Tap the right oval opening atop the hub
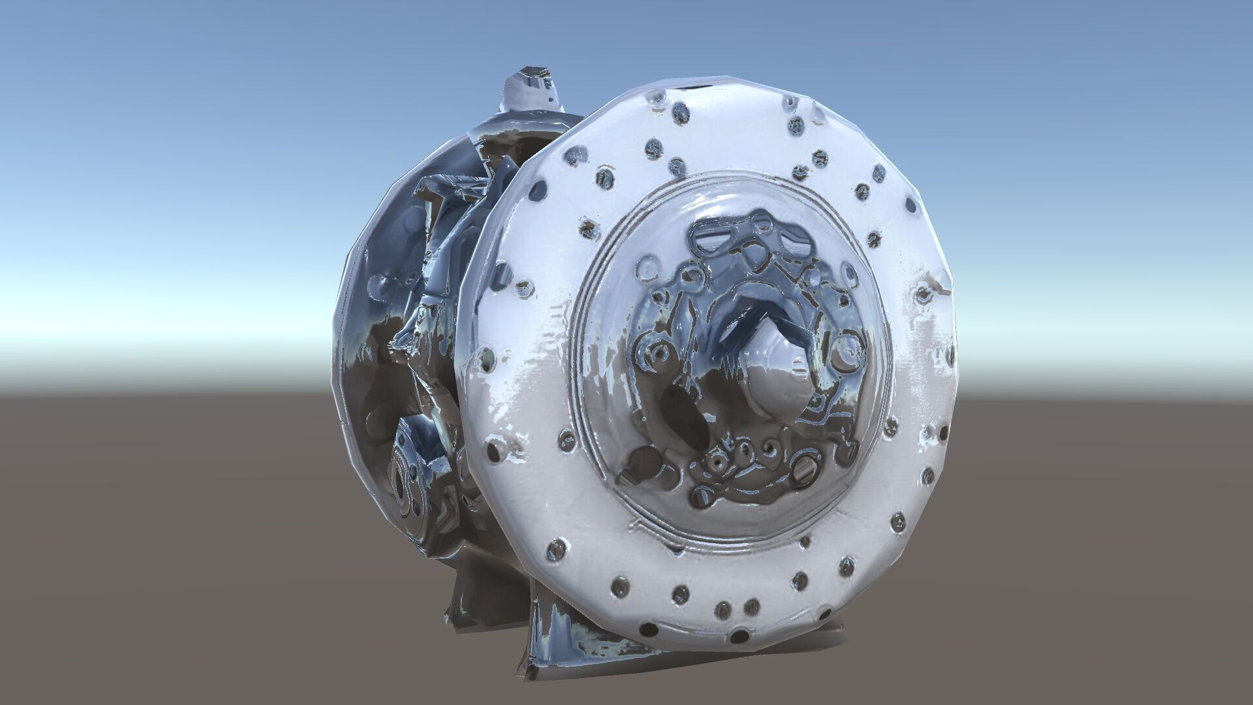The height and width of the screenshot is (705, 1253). (x=794, y=242)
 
